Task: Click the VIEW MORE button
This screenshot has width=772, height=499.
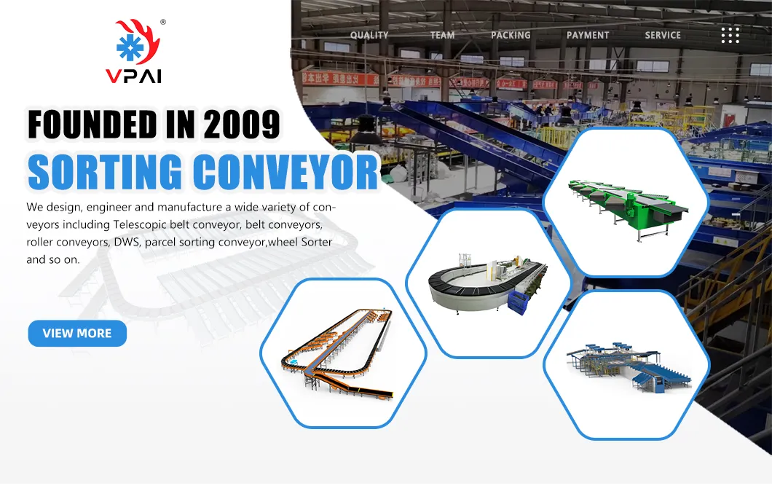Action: tap(77, 334)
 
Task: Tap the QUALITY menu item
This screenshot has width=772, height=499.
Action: tap(369, 35)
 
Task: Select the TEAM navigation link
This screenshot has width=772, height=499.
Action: tap(442, 35)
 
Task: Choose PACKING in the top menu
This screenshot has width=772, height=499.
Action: tap(511, 35)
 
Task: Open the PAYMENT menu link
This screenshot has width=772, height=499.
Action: tap(588, 35)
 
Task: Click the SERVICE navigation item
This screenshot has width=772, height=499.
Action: tap(663, 35)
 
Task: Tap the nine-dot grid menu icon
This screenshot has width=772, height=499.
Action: tap(730, 35)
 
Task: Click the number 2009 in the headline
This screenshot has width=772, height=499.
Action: tap(242, 124)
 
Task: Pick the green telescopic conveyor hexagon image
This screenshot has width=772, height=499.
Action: tap(626, 202)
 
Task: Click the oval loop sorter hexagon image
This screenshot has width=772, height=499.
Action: tap(488, 283)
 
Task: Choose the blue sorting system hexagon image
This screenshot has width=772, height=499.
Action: tap(626, 364)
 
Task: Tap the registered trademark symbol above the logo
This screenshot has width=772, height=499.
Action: tap(162, 23)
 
